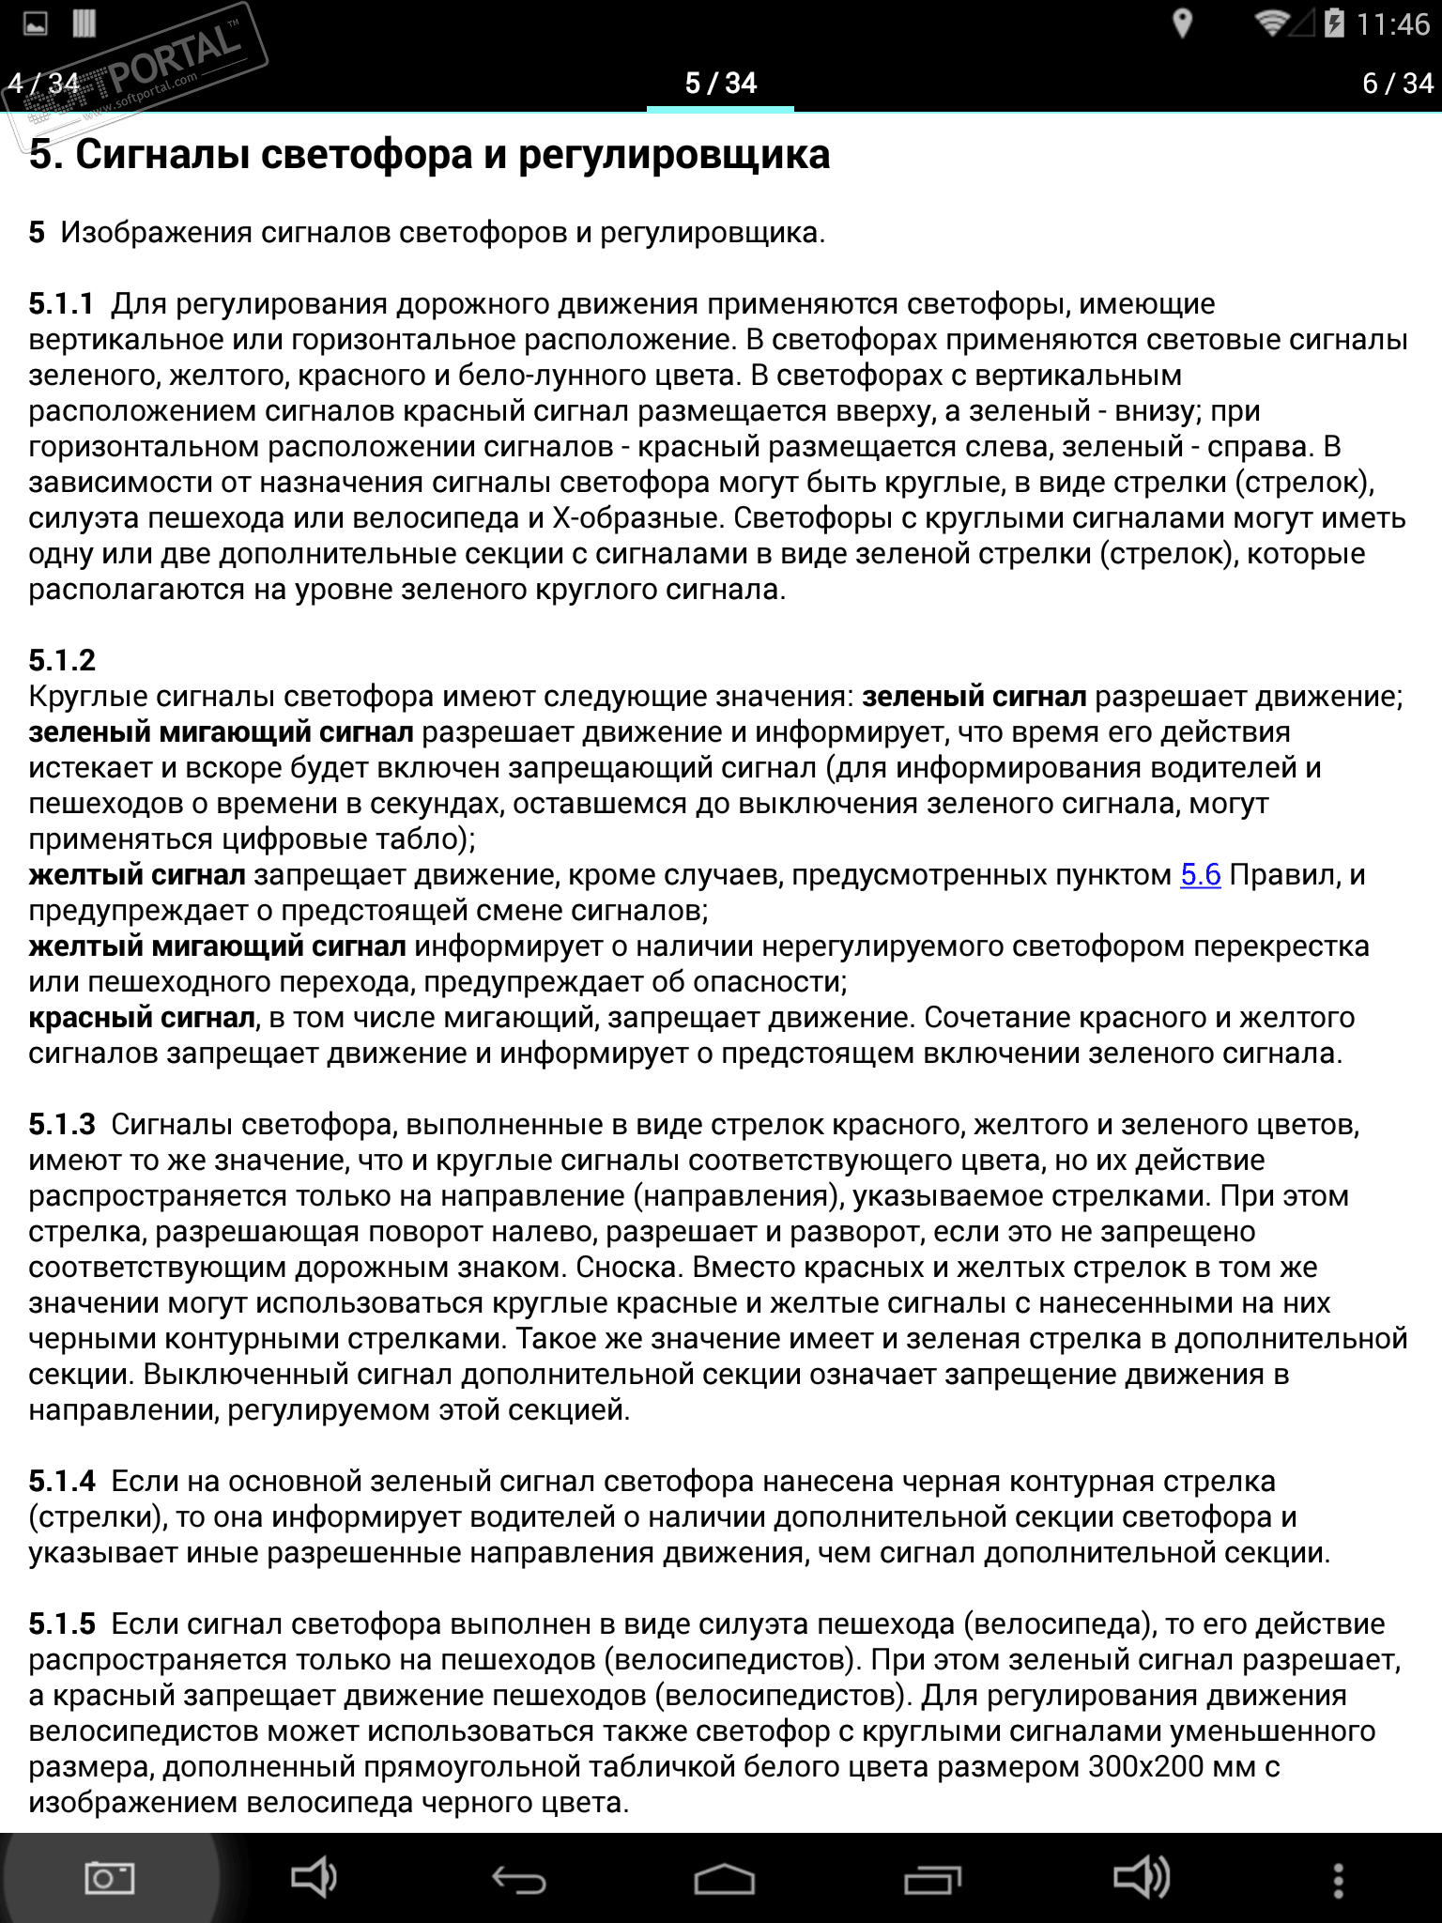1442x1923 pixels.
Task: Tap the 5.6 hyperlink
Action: pyautogui.click(x=1200, y=875)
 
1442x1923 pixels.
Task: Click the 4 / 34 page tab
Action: pyautogui.click(x=43, y=84)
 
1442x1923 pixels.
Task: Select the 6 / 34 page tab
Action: pyautogui.click(x=1398, y=84)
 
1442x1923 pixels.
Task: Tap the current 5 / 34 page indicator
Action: pyautogui.click(x=720, y=84)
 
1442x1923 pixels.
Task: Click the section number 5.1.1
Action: pyautogui.click(x=62, y=304)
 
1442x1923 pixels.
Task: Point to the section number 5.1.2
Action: pyautogui.click(x=62, y=661)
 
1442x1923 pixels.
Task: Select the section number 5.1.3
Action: pyautogui.click(x=62, y=1125)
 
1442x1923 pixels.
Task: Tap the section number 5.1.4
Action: pyautogui.click(x=62, y=1482)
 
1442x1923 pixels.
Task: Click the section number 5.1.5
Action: pyautogui.click(x=62, y=1624)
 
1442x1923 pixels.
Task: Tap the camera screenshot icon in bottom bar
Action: pyautogui.click(x=109, y=1879)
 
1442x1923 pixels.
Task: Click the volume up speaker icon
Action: pyautogui.click(x=1141, y=1879)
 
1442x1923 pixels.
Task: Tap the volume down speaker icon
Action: pyautogui.click(x=314, y=1879)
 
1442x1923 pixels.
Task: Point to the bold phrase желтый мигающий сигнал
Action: pyautogui.click(x=217, y=946)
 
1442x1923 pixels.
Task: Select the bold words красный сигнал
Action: pyautogui.click(x=142, y=1018)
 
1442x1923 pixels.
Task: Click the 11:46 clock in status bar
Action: pyautogui.click(x=1392, y=24)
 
